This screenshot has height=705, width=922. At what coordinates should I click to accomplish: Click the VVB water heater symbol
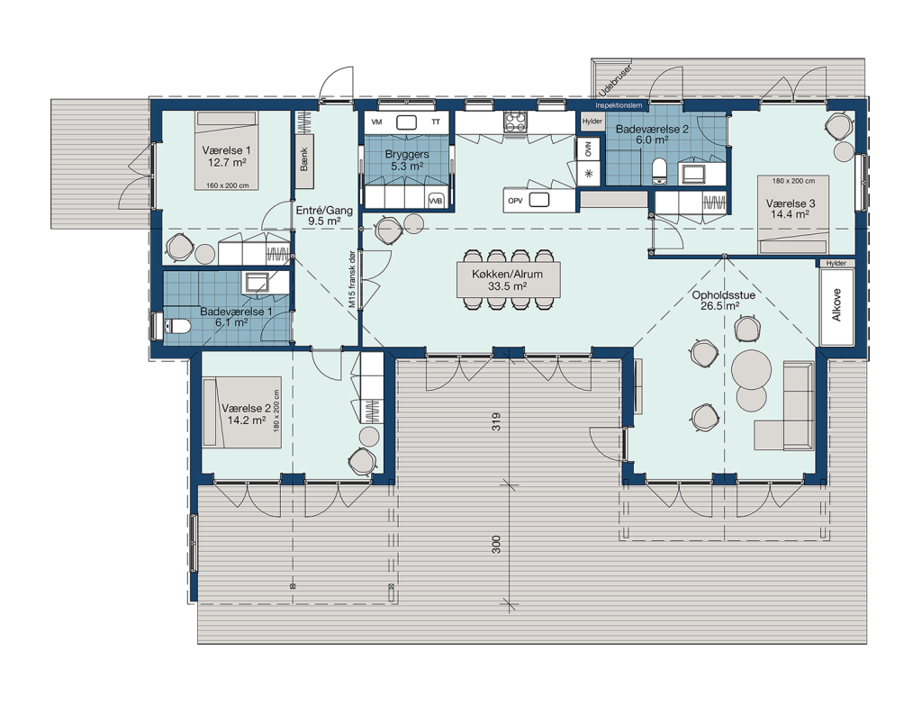(436, 201)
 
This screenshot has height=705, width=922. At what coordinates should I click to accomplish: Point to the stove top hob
(515, 122)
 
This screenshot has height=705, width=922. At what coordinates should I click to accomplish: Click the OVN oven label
(588, 150)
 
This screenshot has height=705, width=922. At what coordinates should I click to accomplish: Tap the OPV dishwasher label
(515, 201)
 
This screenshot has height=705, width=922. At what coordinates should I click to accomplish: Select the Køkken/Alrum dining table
(508, 279)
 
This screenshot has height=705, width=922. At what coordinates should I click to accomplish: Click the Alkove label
(836, 304)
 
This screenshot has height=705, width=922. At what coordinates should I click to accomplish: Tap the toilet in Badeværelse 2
(659, 170)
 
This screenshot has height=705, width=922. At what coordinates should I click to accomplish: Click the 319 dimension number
(496, 421)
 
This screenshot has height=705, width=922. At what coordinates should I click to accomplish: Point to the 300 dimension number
(496, 544)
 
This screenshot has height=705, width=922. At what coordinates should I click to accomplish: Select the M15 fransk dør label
(352, 279)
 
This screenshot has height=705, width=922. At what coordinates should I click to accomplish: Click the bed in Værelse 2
(242, 412)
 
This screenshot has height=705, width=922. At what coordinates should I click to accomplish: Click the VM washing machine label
(377, 122)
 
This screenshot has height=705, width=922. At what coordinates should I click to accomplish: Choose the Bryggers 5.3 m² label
(407, 160)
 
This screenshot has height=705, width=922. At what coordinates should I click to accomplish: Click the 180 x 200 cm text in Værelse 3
(793, 181)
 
